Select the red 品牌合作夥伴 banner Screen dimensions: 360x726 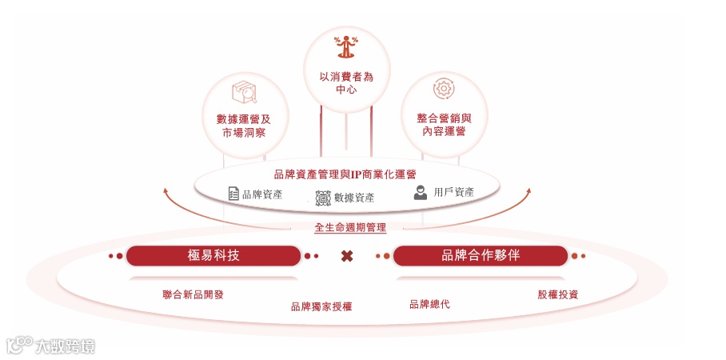(481, 255)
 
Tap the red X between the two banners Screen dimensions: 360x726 (347, 256)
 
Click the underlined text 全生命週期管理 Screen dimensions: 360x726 (350, 228)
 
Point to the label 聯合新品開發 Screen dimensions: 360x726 (193, 294)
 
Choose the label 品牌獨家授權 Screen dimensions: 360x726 (321, 306)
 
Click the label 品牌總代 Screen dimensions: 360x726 (429, 304)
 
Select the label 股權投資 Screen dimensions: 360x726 (558, 294)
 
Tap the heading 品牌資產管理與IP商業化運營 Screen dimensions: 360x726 (345, 174)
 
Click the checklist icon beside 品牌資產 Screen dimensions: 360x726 (233, 194)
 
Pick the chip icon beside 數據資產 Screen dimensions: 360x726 (323, 198)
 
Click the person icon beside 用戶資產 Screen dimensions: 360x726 (421, 193)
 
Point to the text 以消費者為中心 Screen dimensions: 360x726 (346, 83)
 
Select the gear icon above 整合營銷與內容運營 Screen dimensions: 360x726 (444, 89)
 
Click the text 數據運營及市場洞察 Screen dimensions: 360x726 (244, 126)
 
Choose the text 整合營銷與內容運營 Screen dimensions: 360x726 (444, 124)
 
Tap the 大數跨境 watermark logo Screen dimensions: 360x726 (51, 345)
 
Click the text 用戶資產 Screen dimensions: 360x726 (454, 193)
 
